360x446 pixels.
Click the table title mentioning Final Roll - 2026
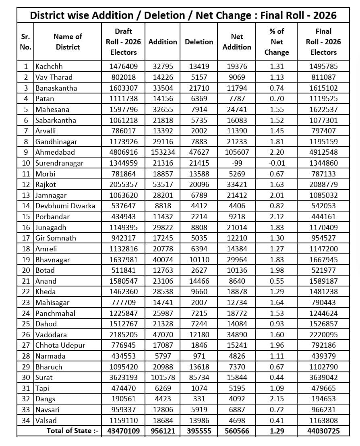[x=183, y=15]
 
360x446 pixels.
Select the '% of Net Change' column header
[x=277, y=41]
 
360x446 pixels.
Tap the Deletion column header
[x=199, y=41]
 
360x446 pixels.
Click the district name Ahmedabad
[x=55, y=152]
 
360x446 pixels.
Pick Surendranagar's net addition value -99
[x=237, y=163]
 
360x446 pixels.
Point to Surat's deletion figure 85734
[x=199, y=378]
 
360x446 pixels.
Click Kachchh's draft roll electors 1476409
[x=123, y=66]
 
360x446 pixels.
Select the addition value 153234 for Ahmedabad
[x=163, y=152]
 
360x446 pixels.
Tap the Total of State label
[x=72, y=431]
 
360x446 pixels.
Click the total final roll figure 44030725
[x=324, y=431]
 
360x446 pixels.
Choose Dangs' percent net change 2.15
[x=277, y=399]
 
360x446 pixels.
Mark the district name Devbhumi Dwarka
[x=65, y=206]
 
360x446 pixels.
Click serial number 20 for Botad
[x=25, y=270]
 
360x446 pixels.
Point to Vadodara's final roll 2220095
[x=324, y=335]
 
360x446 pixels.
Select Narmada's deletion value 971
[x=199, y=356]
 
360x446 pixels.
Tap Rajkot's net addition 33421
[x=237, y=185]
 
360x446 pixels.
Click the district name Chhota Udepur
[x=60, y=345]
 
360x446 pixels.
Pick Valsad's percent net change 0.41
[x=277, y=420]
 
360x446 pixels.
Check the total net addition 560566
[x=237, y=431]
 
